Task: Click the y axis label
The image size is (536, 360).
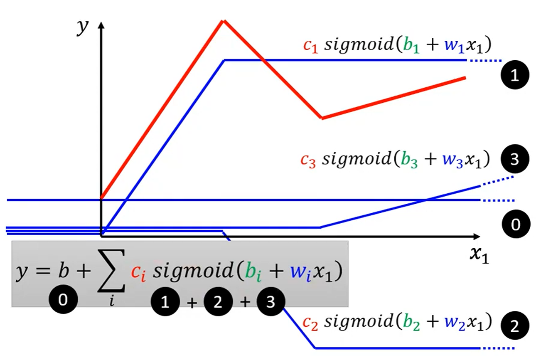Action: click(x=83, y=27)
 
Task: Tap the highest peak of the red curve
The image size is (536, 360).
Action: click(x=224, y=21)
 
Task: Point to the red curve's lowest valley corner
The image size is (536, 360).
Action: click(x=322, y=118)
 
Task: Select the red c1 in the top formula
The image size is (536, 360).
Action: click(x=311, y=46)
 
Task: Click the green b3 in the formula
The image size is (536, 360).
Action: click(x=409, y=160)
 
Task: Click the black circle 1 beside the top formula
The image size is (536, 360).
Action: click(x=515, y=75)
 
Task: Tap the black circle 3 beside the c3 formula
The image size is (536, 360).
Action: click(x=515, y=159)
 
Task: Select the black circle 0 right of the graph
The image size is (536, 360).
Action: click(x=516, y=224)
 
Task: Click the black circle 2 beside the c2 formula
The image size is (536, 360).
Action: click(x=515, y=325)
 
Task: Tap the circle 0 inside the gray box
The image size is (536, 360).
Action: click(x=63, y=299)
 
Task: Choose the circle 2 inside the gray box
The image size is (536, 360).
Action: click(x=218, y=302)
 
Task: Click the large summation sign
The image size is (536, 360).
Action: click(x=111, y=271)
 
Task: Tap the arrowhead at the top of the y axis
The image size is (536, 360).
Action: click(x=101, y=25)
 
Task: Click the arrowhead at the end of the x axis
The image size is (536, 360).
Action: click(x=477, y=237)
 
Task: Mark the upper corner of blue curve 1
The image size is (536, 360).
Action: click(x=224, y=60)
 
